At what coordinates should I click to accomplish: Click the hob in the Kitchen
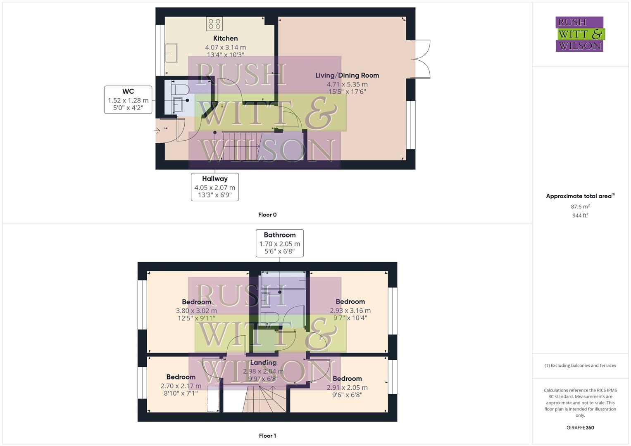214,24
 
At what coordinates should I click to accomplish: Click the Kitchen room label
225,38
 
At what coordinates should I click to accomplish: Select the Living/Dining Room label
347,75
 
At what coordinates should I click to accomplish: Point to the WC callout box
128,100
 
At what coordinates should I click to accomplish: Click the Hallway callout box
215,187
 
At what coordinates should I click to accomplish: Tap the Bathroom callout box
280,243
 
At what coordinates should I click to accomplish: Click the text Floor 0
267,215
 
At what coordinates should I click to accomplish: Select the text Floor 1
267,436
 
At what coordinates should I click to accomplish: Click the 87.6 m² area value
580,206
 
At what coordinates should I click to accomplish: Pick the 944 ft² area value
580,215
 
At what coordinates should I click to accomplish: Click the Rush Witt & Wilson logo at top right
579,34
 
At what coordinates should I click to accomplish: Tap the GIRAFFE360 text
580,427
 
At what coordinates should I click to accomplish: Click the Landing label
263,363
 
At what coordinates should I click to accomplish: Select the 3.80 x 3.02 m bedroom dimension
196,311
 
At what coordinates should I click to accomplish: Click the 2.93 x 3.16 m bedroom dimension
350,311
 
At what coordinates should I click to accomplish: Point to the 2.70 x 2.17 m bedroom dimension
181,386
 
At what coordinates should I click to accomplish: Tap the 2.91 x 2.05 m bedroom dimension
347,387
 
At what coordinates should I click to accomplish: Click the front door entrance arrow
157,131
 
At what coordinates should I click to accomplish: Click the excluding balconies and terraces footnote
580,365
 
